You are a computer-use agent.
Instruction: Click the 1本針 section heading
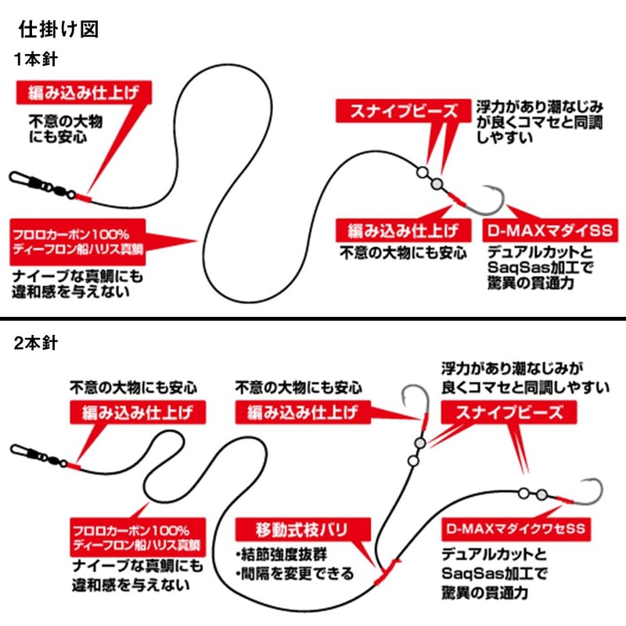coord(35,59)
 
